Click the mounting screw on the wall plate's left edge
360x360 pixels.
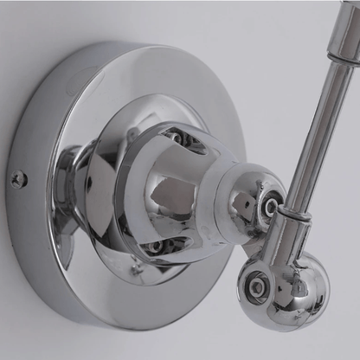click(x=19, y=179)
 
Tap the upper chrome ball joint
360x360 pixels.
click(x=256, y=200)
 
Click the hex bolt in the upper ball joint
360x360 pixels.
click(x=271, y=207)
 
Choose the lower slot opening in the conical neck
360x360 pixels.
click(x=156, y=246)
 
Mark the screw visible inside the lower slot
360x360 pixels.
click(x=155, y=247)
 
